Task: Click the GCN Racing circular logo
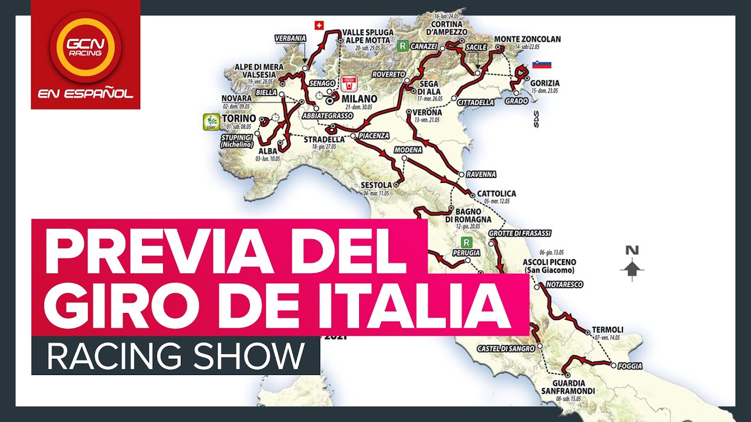point(85,47)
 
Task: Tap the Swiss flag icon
point(319,25)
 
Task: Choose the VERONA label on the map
point(427,112)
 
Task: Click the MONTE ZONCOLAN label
point(527,39)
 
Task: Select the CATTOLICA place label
point(496,193)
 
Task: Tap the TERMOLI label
point(607,329)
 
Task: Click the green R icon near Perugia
point(466,241)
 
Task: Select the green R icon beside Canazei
point(402,45)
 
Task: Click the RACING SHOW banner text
point(175,356)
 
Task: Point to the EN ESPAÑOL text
point(85,94)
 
